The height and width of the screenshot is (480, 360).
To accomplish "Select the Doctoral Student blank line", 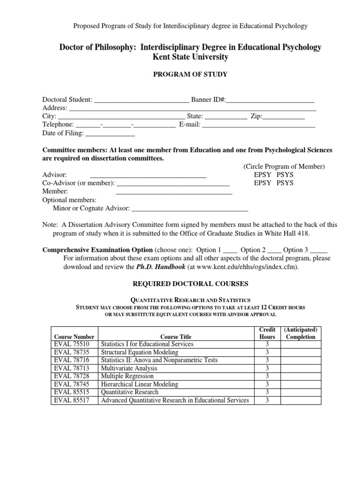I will click(x=141, y=100).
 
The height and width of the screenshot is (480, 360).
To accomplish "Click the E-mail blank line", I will click(x=259, y=125).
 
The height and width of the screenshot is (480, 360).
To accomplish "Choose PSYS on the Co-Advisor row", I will click(x=285, y=183).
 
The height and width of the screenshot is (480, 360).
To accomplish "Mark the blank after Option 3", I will click(x=319, y=250).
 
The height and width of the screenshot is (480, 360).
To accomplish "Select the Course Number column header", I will click(x=75, y=337).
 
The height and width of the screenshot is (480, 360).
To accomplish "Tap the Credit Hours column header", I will click(x=267, y=333).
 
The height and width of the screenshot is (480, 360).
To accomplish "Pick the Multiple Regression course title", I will click(x=127, y=376).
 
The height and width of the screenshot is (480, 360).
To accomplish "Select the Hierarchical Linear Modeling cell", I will click(x=140, y=384).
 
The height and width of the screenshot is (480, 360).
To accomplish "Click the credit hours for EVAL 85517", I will click(x=267, y=400).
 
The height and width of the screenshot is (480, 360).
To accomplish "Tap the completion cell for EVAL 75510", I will click(x=300, y=344).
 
